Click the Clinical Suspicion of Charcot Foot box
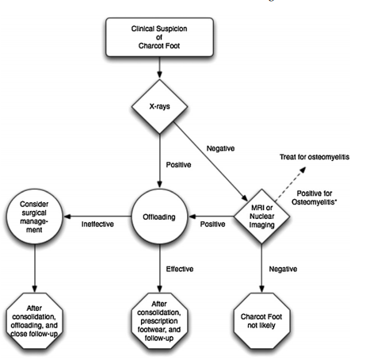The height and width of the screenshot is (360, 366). coord(159,37)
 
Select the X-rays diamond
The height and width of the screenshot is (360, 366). coord(159,106)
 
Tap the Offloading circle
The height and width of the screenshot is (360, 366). coord(159,216)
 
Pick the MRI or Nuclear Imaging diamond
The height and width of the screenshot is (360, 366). coord(261,216)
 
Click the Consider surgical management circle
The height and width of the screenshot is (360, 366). coord(35,216)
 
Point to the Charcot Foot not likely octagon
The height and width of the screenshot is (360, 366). coord(261,321)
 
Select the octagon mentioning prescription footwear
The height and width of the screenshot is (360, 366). coord(159,321)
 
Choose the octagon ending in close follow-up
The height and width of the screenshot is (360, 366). coord(35,321)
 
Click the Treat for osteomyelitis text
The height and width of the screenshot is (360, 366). coord(315,157)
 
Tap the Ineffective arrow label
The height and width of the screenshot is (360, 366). coord(97,224)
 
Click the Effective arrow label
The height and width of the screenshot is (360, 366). coord(180,269)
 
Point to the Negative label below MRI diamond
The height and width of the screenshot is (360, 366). coord(283,269)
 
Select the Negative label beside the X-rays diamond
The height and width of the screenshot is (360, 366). coord(220,148)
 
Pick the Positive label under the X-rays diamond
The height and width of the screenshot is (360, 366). coord(178,165)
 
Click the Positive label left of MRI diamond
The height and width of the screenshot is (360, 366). coord(212,224)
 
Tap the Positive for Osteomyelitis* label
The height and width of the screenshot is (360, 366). coord(315,197)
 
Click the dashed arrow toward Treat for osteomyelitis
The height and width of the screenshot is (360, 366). coord(290,184)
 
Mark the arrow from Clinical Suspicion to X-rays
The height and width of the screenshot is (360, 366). coord(159,67)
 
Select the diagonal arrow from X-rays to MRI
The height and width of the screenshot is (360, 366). coord(211,162)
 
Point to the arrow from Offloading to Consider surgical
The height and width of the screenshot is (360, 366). coord(97,216)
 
